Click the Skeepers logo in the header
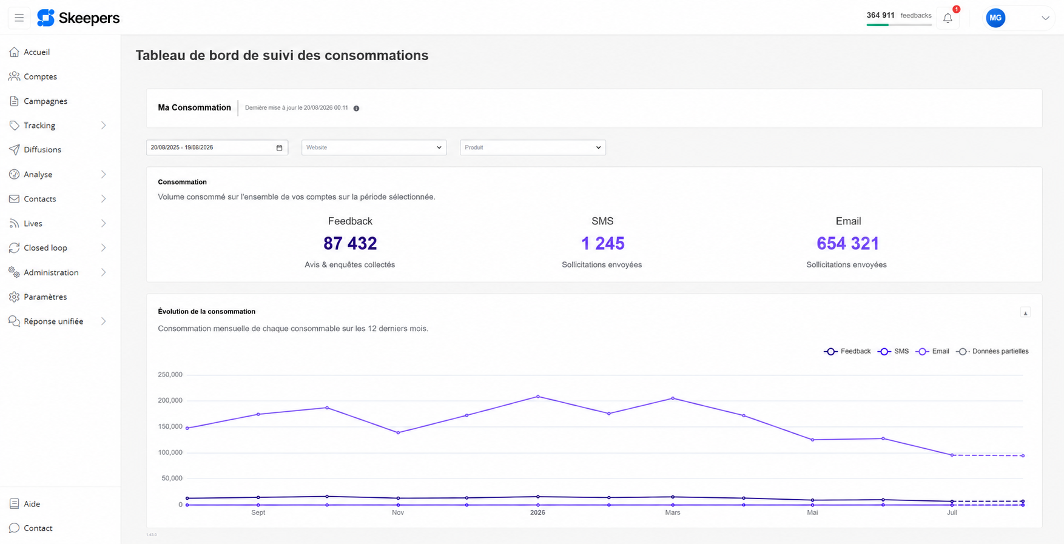78,18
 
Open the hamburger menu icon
19,18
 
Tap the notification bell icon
948,18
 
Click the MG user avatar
995,18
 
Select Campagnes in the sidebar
45,101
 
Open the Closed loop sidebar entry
45,248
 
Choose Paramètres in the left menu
45,297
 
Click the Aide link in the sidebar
32,504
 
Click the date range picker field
217,147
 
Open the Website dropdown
374,147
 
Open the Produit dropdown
533,147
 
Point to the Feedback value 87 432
350,244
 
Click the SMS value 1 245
603,244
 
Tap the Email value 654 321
848,244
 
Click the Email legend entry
933,351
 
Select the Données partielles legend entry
992,351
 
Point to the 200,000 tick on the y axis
170,401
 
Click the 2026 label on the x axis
537,512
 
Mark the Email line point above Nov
398,432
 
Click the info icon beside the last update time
357,109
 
